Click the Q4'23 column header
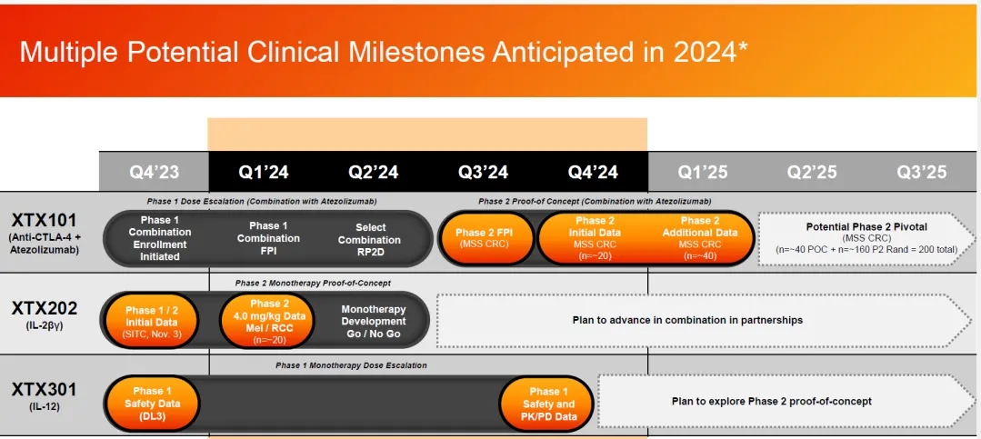tap(154, 172)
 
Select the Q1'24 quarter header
tap(264, 172)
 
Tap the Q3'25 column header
tap(922, 172)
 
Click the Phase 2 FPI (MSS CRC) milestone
tap(485, 237)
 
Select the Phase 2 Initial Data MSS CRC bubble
tap(591, 237)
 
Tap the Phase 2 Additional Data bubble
tap(699, 237)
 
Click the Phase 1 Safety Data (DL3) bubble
tap(153, 404)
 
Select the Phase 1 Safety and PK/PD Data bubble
tap(548, 404)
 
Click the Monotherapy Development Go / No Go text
tap(374, 322)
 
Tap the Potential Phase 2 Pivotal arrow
tap(866, 237)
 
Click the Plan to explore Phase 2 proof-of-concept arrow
tap(786, 401)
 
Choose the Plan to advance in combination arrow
tap(705, 320)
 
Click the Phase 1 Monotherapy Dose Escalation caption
tap(351, 365)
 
